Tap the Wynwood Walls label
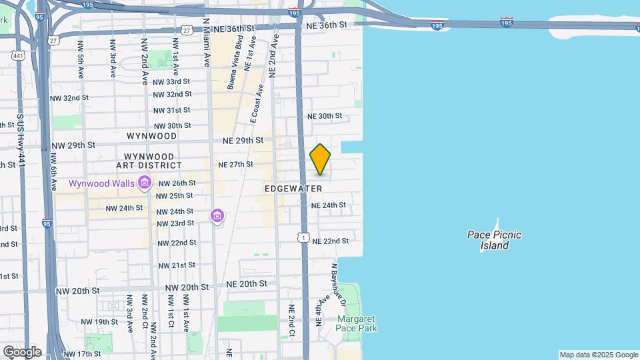[x=101, y=182]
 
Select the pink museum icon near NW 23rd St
[x=217, y=216]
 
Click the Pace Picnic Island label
[x=494, y=240]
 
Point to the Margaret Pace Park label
[x=356, y=323]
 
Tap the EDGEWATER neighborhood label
[x=293, y=189]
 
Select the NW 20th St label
[x=77, y=291]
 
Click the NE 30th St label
[x=324, y=116]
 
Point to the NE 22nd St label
[x=331, y=241]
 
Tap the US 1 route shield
[x=303, y=237]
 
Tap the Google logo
[x=22, y=351]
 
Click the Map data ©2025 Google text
[x=598, y=355]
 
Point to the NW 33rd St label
[x=172, y=82]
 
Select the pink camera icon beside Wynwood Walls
[x=144, y=182]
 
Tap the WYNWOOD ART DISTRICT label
[x=152, y=150]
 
